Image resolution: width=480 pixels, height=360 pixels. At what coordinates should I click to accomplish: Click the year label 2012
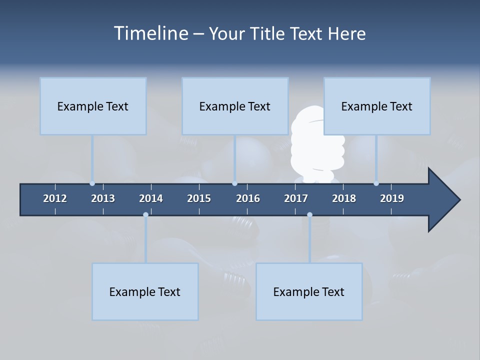[x=55, y=198]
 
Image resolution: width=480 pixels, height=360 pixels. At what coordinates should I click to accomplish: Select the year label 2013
[x=103, y=198]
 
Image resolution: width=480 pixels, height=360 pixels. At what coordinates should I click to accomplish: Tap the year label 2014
[x=151, y=198]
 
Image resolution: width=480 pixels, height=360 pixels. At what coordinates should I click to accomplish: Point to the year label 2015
[x=199, y=198]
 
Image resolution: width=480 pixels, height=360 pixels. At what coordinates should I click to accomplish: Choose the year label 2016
[x=248, y=198]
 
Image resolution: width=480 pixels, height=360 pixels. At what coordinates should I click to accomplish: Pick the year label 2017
[x=296, y=198]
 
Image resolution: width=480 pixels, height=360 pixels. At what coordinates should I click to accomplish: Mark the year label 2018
[x=344, y=198]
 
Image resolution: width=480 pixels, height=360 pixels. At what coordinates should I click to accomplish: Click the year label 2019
[x=392, y=198]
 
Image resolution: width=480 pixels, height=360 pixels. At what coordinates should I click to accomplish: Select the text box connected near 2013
[x=93, y=106]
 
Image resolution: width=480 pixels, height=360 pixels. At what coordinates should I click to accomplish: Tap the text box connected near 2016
[x=235, y=106]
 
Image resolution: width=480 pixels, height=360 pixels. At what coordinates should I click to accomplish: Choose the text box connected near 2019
[x=377, y=106]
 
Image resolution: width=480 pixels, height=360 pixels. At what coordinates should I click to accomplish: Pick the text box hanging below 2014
[x=145, y=291]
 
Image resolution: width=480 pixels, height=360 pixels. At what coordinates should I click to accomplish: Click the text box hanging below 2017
[x=309, y=291]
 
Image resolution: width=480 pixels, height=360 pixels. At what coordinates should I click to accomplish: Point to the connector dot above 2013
[x=92, y=183]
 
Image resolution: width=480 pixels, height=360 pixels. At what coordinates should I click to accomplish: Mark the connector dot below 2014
[x=145, y=215]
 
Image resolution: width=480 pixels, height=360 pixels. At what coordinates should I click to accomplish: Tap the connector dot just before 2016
[x=234, y=183]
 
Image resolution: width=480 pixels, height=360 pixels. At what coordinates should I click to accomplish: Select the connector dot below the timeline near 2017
[x=309, y=215]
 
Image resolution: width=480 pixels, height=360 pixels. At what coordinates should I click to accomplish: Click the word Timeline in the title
[x=150, y=33]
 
